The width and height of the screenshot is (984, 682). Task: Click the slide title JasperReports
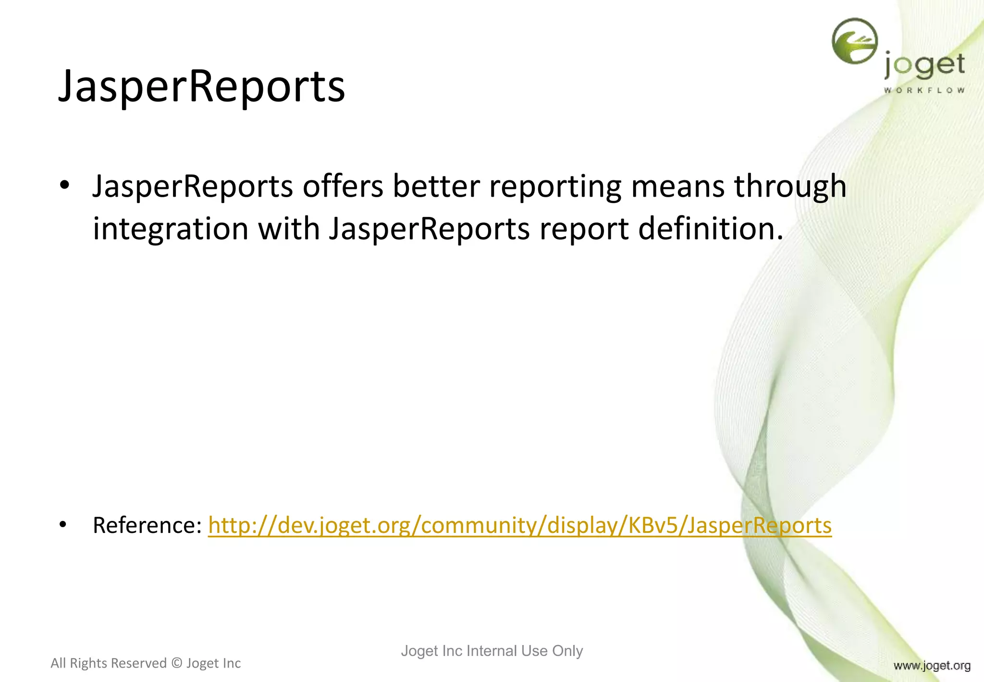click(201, 87)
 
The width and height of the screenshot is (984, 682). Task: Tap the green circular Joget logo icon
click(854, 41)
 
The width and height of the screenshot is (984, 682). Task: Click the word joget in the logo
click(924, 66)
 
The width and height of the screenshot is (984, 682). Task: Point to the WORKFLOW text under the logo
click(924, 90)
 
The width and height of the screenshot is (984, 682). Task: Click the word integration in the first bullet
click(171, 229)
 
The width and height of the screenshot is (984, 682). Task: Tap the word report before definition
click(584, 230)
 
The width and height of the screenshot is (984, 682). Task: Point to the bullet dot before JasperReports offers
click(64, 185)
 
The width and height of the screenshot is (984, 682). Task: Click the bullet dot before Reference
click(63, 524)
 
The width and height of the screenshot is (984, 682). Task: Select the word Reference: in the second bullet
click(147, 525)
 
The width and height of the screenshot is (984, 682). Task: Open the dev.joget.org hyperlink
click(519, 525)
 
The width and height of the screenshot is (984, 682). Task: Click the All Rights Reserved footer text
click(146, 663)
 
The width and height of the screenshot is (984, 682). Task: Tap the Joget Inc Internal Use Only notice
click(492, 651)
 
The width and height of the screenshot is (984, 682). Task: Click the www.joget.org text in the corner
click(932, 666)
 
